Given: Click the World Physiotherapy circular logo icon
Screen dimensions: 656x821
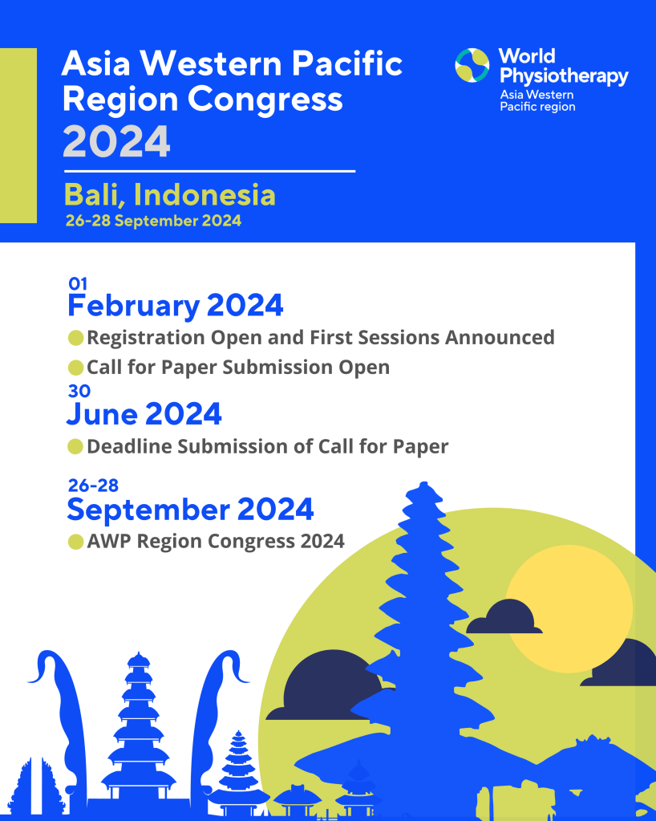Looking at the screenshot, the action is pos(472,66).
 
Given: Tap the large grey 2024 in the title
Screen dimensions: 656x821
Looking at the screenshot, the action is pos(116,141).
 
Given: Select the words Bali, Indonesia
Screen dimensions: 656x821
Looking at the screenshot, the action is pos(169,195).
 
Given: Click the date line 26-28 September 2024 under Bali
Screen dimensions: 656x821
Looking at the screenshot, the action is pos(153,221).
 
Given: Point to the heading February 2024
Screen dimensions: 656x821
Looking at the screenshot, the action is pos(176,306).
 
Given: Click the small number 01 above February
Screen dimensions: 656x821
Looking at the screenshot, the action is pos(78,284).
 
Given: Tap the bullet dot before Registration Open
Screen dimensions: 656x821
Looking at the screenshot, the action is pos(76,338).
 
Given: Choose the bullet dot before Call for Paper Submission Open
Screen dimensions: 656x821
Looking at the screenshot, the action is pos(76,368).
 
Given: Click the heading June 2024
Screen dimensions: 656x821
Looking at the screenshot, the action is pos(144,414).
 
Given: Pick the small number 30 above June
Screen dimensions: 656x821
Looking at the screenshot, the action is pos(79,391).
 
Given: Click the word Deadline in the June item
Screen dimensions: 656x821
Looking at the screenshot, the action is pos(129,447).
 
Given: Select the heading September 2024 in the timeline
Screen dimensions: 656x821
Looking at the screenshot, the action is pos(190,510).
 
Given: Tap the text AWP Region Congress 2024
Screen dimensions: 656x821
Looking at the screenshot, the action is pos(216,541).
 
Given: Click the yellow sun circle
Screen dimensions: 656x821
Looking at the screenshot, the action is pos(569,608).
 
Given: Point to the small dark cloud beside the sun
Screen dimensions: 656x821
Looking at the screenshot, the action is pos(504,617).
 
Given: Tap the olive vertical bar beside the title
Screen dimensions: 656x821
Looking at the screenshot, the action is pos(18,136).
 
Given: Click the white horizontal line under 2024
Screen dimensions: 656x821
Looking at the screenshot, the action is pos(210,171).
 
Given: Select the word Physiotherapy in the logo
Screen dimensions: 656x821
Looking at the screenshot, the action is pos(564,76).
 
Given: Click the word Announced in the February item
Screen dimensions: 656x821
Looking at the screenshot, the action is pos(500,338).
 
